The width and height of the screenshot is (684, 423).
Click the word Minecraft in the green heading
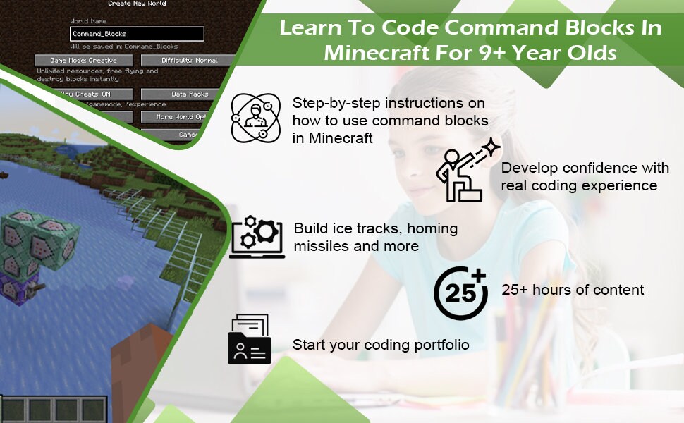pyautogui.click(x=363, y=53)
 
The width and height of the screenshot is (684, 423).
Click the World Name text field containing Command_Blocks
pyautogui.click(x=137, y=34)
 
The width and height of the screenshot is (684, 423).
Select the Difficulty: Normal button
pyautogui.click(x=189, y=61)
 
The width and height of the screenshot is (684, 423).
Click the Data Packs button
pyautogui.click(x=189, y=94)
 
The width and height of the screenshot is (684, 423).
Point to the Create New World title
pyautogui.click(x=138, y=4)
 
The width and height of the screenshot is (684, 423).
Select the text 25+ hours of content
pyautogui.click(x=573, y=290)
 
